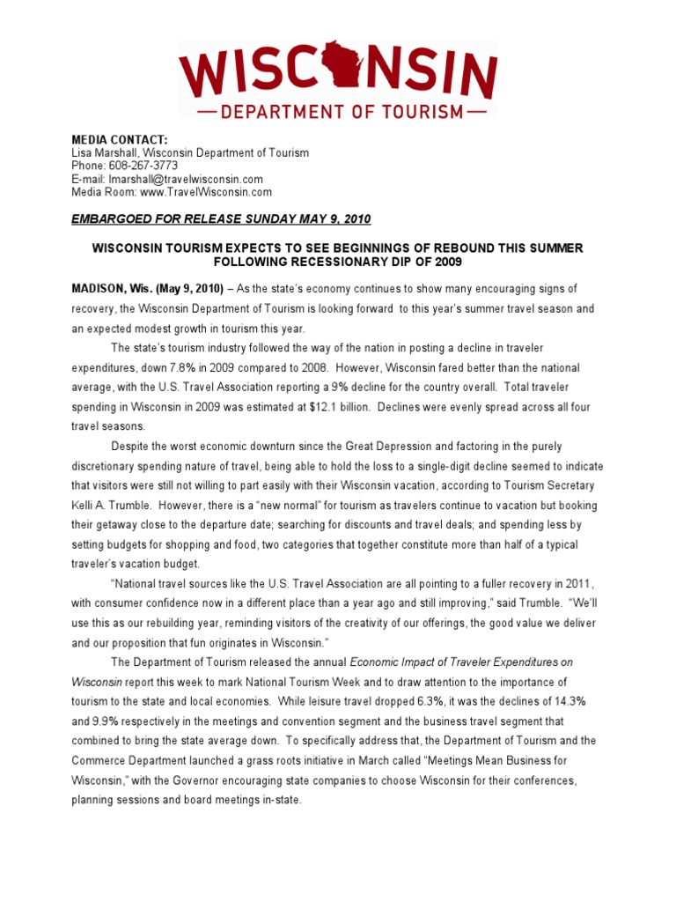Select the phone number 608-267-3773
pyautogui.click(x=144, y=166)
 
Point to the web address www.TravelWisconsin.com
pyautogui.click(x=209, y=191)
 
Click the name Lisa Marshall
pyautogui.click(x=106, y=153)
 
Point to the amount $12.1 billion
pyautogui.click(x=303, y=406)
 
